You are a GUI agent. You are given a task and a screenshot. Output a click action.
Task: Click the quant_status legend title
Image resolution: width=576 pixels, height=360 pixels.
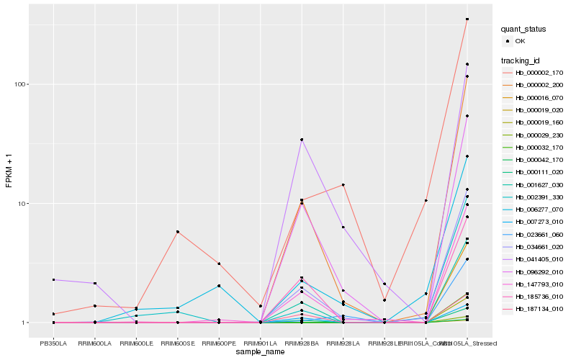(525, 29)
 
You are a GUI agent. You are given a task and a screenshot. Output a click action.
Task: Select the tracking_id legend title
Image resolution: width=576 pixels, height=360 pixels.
(522, 60)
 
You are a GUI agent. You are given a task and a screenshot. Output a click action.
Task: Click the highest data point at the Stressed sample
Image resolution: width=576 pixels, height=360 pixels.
(467, 19)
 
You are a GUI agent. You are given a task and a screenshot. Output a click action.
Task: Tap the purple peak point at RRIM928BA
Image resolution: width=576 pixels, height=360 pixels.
(302, 140)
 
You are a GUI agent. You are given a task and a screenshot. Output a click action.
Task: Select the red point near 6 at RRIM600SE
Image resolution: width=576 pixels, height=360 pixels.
(177, 232)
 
